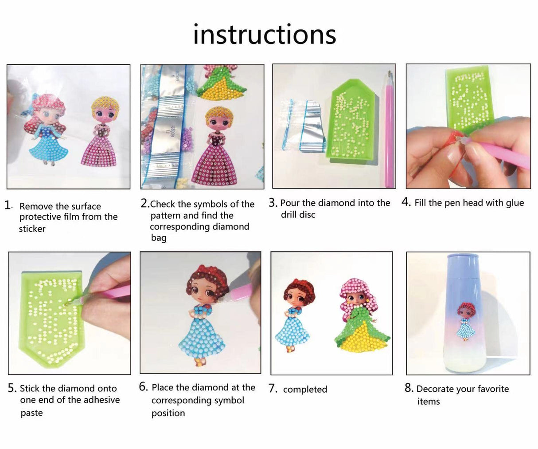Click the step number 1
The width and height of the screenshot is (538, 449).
point(8,205)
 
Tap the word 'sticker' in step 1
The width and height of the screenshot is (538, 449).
point(32,229)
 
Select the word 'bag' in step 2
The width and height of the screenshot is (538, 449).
point(159,238)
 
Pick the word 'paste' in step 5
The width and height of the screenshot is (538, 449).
point(32,413)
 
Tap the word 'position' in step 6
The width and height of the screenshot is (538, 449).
point(168,413)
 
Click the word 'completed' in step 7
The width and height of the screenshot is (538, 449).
point(305,390)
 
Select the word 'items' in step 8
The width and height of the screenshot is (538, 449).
point(429,402)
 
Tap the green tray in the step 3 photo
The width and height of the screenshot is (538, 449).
point(350,120)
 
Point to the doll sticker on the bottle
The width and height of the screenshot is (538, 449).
point(465,322)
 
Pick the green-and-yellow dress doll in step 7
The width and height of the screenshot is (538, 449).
point(361,319)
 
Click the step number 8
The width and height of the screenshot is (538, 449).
point(409,388)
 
